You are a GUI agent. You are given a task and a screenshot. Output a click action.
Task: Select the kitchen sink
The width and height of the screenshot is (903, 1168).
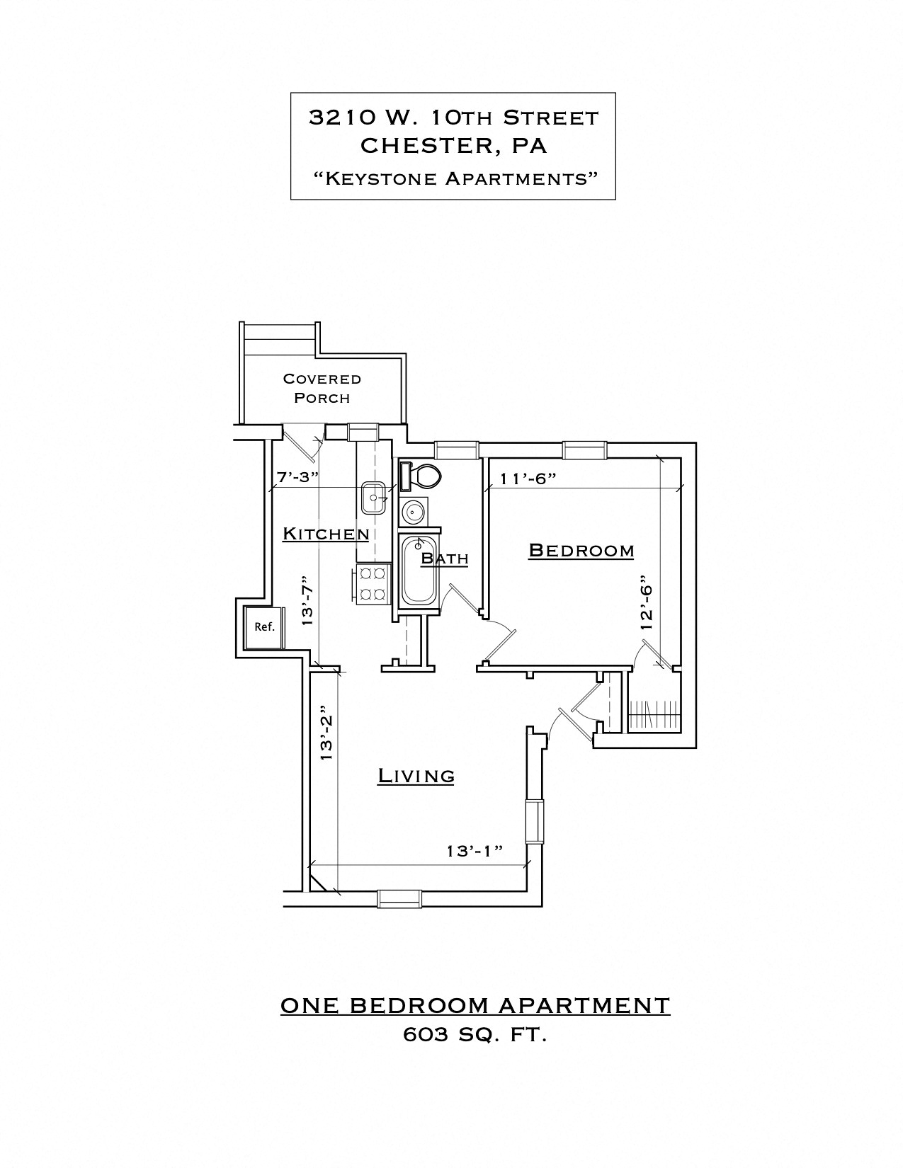(373, 498)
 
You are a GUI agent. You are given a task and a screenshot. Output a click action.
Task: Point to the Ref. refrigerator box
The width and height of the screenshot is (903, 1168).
(264, 626)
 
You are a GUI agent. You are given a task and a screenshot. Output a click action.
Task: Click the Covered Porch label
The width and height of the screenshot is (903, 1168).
(322, 388)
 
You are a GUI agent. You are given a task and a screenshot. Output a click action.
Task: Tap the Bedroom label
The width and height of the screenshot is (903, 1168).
(581, 550)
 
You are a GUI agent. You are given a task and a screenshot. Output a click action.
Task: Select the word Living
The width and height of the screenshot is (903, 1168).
(416, 776)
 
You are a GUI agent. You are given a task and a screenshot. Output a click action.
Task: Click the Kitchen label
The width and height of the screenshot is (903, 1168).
(326, 534)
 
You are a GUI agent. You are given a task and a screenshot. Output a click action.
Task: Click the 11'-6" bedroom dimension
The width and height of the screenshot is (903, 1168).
(528, 478)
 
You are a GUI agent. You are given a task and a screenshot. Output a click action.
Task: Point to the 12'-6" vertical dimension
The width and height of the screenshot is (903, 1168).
(645, 602)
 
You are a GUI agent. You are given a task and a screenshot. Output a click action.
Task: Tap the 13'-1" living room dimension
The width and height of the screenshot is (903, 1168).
(475, 850)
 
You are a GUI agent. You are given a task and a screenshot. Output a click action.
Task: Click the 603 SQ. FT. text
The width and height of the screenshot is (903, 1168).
(475, 1035)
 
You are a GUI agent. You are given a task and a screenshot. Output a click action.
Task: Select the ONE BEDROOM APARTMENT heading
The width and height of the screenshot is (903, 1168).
(475, 1005)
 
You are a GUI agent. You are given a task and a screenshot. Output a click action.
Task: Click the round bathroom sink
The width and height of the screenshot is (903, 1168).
(413, 510)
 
